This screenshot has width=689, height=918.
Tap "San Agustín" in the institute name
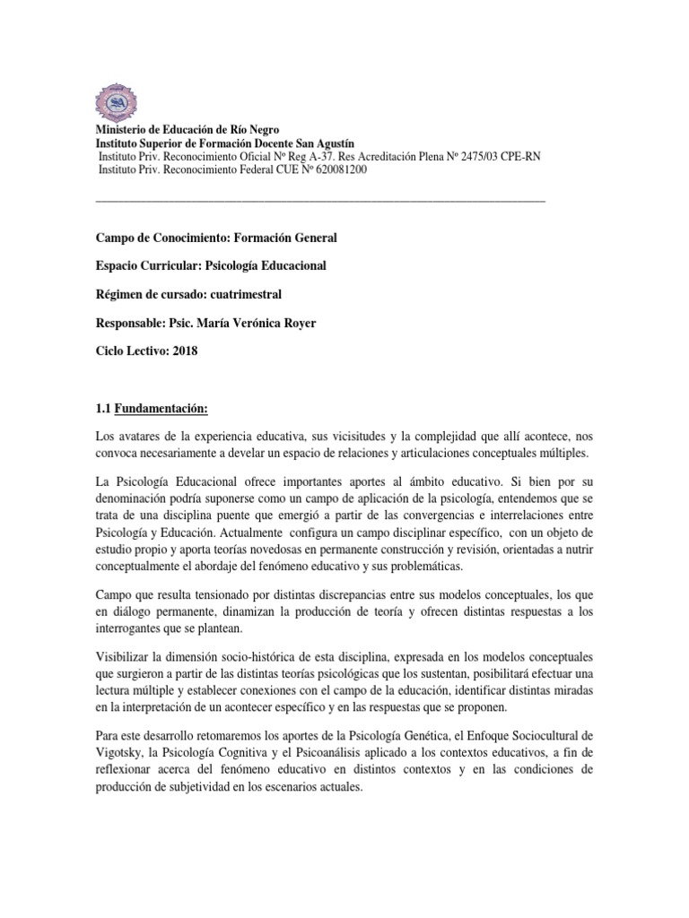322,143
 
